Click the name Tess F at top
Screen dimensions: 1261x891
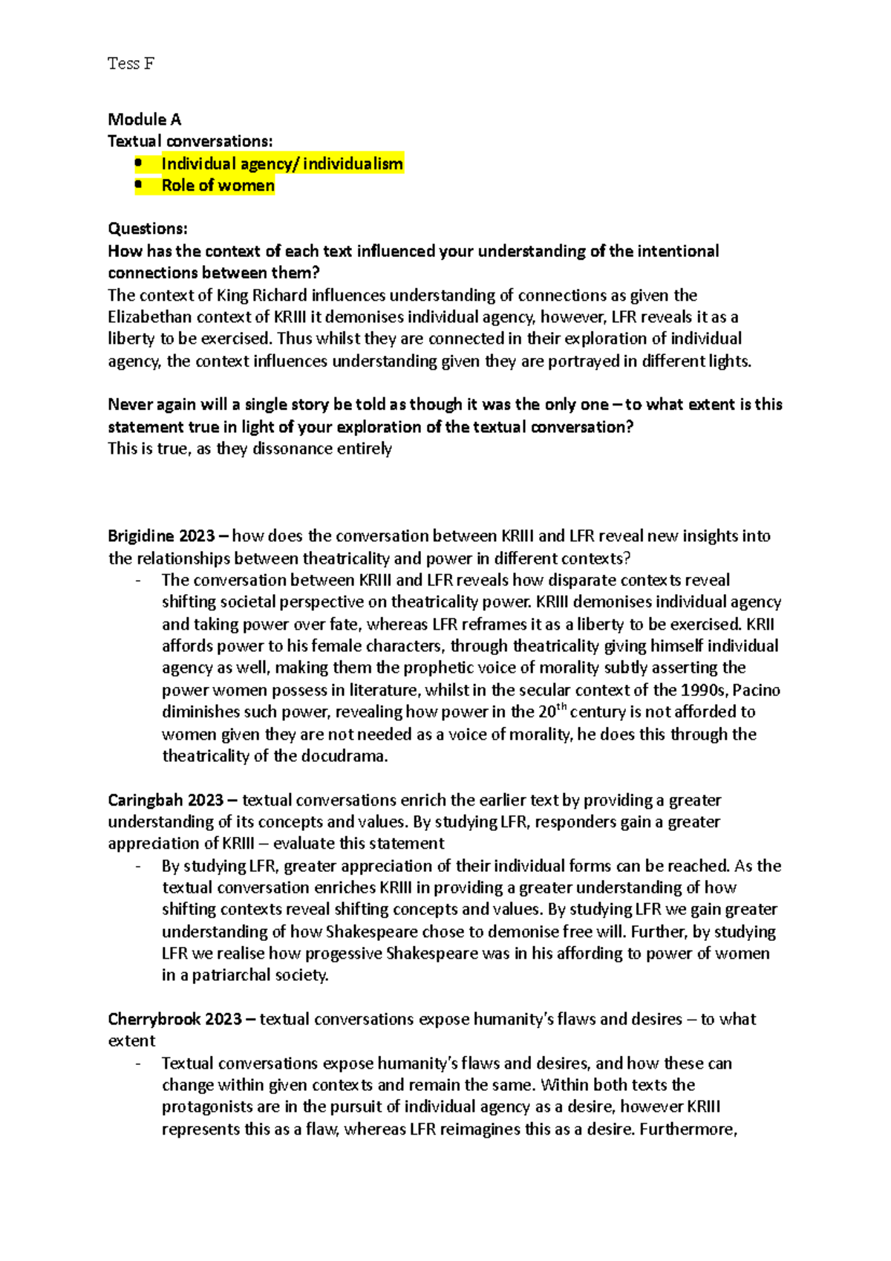pyautogui.click(x=131, y=64)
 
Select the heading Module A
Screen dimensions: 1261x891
pyautogui.click(x=144, y=120)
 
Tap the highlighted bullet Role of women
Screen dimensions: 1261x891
pyautogui.click(x=218, y=186)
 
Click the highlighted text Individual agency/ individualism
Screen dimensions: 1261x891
pyautogui.click(x=282, y=164)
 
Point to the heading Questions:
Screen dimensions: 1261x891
pyautogui.click(x=148, y=229)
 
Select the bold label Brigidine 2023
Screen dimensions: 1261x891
pyautogui.click(x=161, y=536)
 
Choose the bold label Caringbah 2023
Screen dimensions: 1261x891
pyautogui.click(x=166, y=801)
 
